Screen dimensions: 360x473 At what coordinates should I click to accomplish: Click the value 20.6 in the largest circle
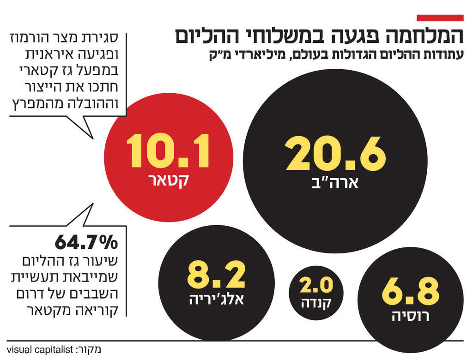(335, 154)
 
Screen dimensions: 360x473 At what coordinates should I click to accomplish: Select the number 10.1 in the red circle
(168, 151)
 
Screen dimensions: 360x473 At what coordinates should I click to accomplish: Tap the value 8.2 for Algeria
(216, 276)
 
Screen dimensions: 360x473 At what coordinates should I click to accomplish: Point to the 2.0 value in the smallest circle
(316, 286)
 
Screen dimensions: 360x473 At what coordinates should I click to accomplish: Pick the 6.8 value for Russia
(410, 291)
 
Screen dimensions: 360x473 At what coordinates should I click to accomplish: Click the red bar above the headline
(440, 18)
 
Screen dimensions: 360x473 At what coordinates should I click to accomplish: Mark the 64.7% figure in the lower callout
(87, 242)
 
